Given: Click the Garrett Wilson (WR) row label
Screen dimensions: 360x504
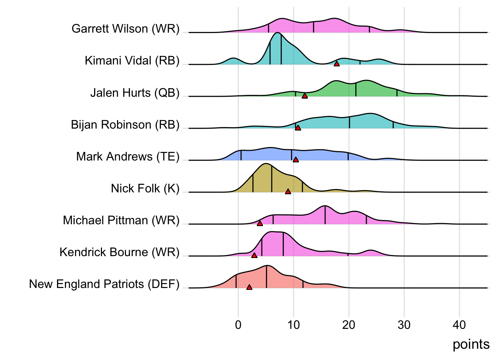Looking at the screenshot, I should [126, 29].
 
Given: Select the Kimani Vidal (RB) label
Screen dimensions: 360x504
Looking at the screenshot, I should [132, 61].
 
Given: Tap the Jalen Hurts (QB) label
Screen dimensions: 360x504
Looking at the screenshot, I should [135, 93].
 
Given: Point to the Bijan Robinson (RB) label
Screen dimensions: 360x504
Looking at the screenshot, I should [125, 124].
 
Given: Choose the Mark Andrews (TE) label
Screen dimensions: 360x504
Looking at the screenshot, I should [128, 156].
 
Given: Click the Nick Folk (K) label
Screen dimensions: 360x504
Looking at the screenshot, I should [145, 188].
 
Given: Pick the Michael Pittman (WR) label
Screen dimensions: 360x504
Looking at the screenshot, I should [121, 220].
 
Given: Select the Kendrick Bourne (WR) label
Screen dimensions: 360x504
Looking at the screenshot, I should [120, 252].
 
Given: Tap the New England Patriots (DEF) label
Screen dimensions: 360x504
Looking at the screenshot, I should [104, 284].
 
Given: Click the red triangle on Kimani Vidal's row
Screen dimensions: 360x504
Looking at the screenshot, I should [337, 64].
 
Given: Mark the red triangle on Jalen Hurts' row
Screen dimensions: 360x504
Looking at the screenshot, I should [304, 96].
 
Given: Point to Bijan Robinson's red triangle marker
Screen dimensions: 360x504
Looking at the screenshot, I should [298, 128].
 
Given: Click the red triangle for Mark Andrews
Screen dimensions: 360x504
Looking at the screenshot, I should [295, 160].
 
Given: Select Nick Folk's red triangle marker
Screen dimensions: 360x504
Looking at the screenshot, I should [288, 192].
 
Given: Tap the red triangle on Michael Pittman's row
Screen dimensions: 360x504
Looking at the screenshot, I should [260, 223].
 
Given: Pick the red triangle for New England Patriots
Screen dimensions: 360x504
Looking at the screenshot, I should [249, 287].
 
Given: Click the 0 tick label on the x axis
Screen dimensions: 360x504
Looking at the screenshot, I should [238, 325].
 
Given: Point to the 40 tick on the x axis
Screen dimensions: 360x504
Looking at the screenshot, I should [459, 325].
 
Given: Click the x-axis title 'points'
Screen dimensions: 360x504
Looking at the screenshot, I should [471, 344].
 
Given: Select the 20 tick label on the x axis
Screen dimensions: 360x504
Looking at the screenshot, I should [349, 325].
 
